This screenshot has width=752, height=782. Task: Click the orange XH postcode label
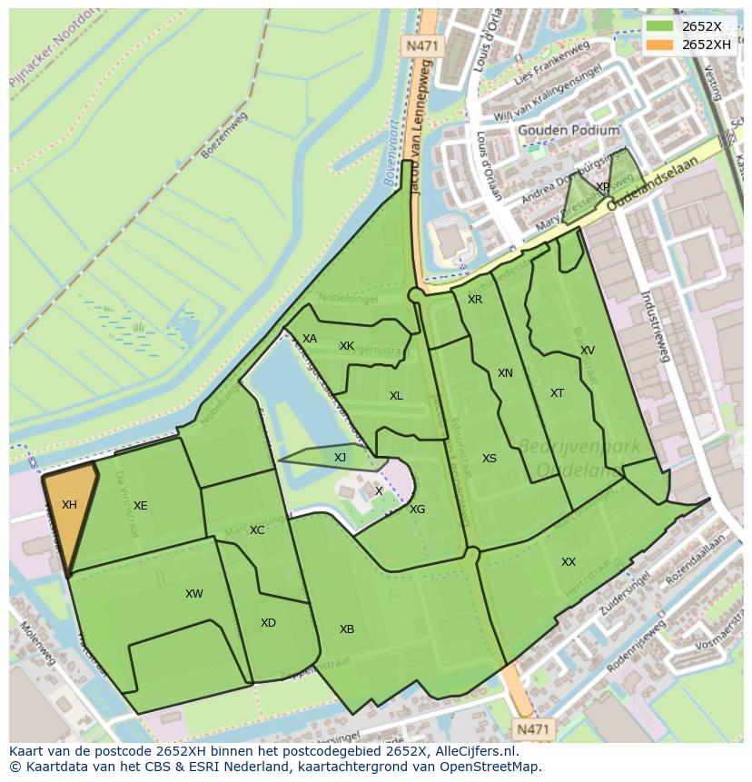pyautogui.click(x=69, y=504)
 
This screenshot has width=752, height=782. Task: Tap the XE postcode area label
pyautogui.click(x=140, y=506)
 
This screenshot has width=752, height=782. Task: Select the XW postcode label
pyautogui.click(x=193, y=594)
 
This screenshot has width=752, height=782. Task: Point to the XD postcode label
pyautogui.click(x=268, y=623)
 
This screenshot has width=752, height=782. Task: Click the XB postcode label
pyautogui.click(x=347, y=629)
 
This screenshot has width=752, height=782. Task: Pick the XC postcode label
pyautogui.click(x=257, y=530)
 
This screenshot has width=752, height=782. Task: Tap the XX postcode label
pyautogui.click(x=569, y=562)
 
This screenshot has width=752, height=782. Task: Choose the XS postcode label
pyautogui.click(x=490, y=459)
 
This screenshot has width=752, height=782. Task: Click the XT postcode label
pyautogui.click(x=557, y=393)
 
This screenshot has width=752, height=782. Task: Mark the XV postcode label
pyautogui.click(x=588, y=351)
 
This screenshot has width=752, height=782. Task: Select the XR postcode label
pyautogui.click(x=475, y=300)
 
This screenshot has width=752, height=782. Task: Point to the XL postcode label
pyautogui.click(x=396, y=396)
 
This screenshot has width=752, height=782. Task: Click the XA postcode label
pyautogui.click(x=310, y=339)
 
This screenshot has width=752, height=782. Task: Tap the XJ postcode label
pyautogui.click(x=340, y=458)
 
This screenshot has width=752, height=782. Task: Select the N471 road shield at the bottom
pyautogui.click(x=533, y=728)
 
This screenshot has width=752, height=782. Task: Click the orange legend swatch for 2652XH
pyautogui.click(x=660, y=45)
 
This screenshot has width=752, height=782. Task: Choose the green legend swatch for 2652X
pyautogui.click(x=660, y=26)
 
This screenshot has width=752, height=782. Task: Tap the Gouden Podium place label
pyautogui.click(x=569, y=131)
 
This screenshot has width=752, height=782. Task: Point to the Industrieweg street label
pyautogui.click(x=655, y=327)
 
